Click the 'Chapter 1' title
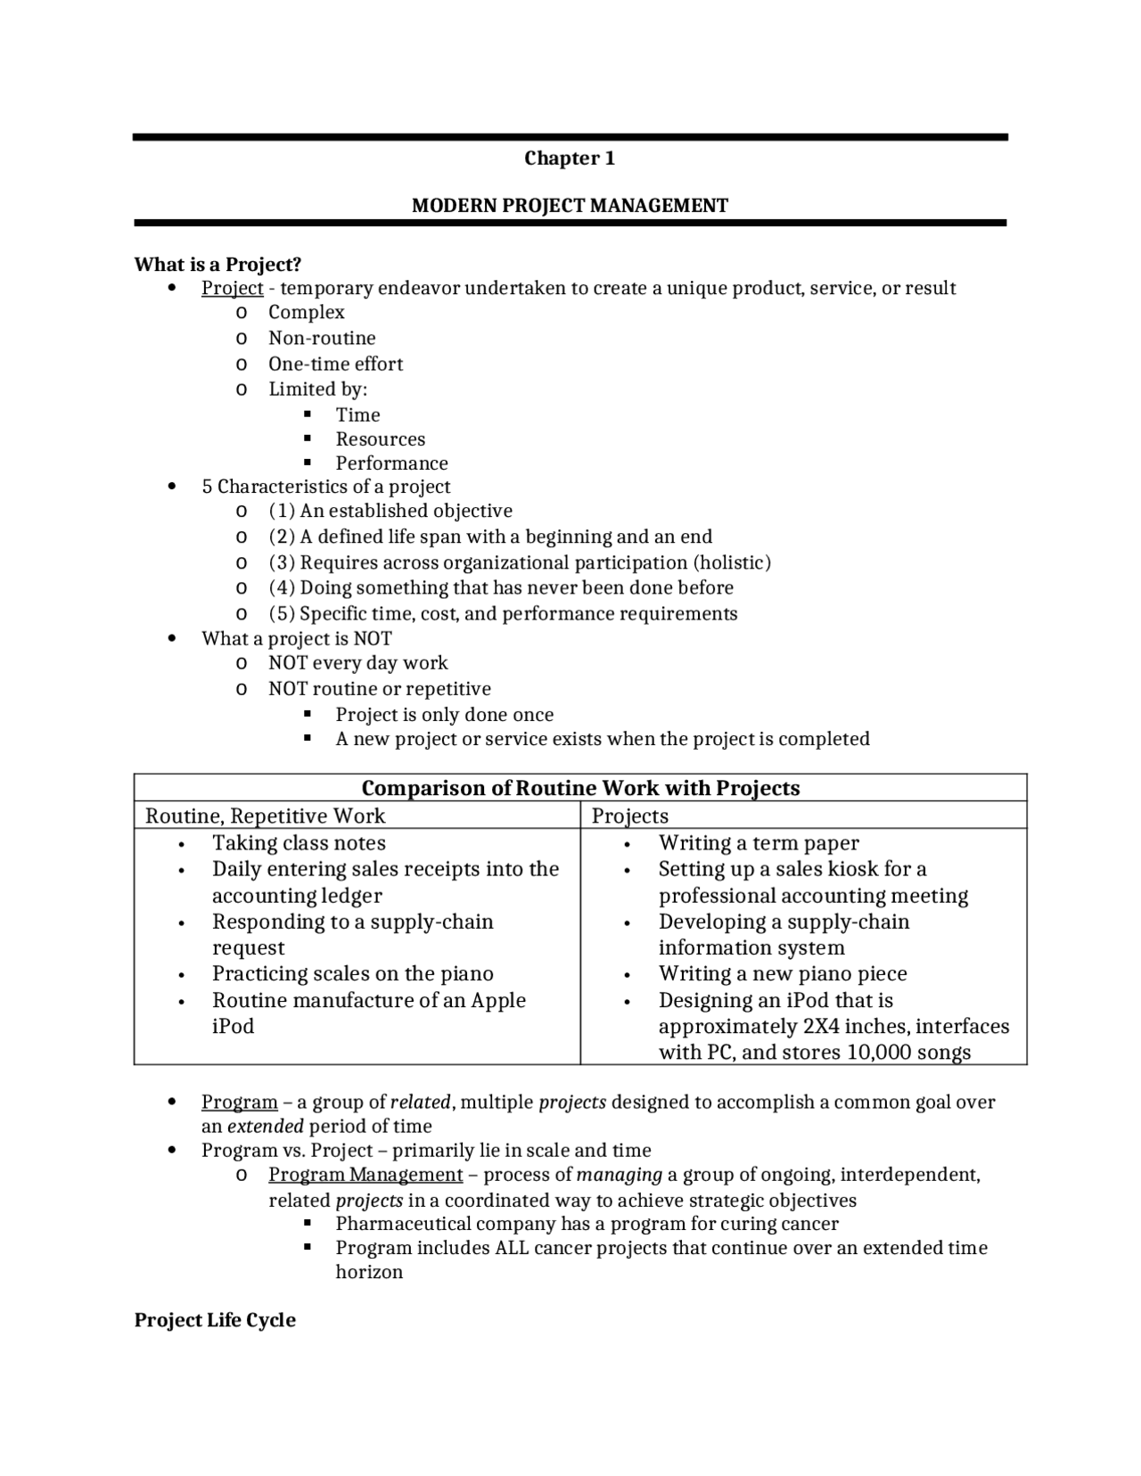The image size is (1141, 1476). [x=570, y=159]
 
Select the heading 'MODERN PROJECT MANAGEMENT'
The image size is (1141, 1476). [x=570, y=206]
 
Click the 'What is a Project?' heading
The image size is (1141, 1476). [x=218, y=265]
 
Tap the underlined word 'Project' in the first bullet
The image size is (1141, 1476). [x=232, y=288]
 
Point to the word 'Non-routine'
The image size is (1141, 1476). [x=322, y=338]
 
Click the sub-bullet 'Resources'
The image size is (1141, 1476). [x=380, y=439]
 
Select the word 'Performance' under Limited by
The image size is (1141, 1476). [x=391, y=463]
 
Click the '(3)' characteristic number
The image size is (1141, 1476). [x=282, y=562]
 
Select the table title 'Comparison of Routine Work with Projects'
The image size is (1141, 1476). [x=580, y=788]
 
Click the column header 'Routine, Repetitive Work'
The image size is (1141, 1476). [x=265, y=816]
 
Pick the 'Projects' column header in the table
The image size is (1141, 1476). [x=629, y=816]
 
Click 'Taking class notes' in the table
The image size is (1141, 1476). [x=299, y=843]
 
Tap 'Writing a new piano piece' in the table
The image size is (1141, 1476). [x=782, y=973]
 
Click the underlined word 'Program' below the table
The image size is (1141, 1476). [x=239, y=1102]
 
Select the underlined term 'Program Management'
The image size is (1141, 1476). [x=365, y=1175]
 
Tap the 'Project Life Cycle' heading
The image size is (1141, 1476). [x=215, y=1320]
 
